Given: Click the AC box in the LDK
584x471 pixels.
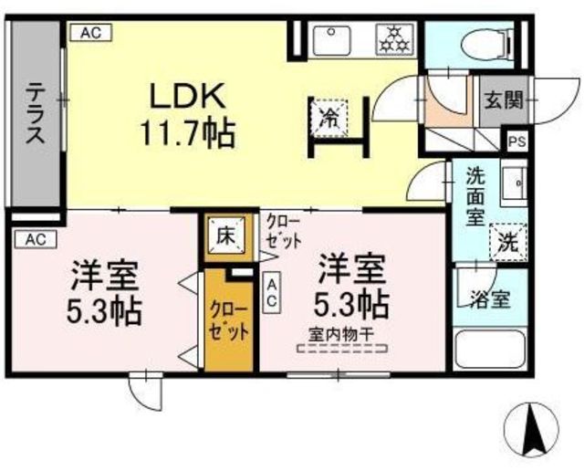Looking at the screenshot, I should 89,32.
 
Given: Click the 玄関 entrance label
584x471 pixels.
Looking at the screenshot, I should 504,100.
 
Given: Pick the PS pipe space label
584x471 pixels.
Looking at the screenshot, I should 516,141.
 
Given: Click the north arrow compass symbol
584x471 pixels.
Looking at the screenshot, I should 532,429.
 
